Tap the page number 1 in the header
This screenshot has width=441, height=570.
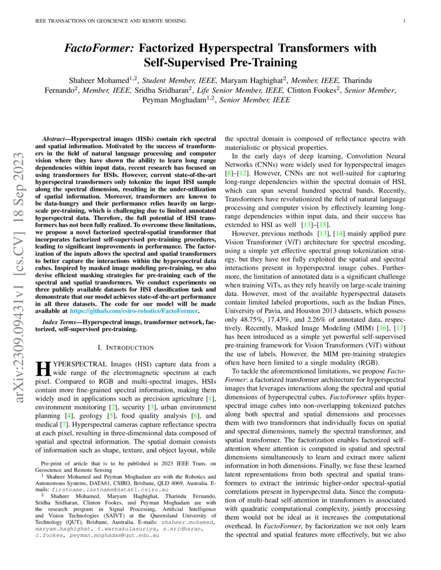tap(404, 21)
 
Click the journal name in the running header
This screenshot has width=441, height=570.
tap(110, 21)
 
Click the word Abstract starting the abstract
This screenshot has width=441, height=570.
tap(54, 140)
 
